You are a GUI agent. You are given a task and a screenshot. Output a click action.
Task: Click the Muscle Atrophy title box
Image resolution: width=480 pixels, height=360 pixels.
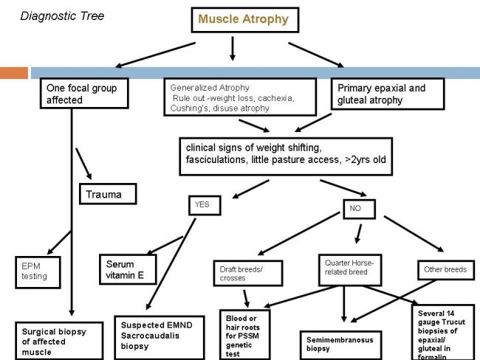pos(245,20)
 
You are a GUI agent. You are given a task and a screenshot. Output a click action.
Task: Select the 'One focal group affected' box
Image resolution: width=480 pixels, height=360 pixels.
pos(84,93)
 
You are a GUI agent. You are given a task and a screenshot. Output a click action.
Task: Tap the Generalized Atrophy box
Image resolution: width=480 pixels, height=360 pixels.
pos(240,97)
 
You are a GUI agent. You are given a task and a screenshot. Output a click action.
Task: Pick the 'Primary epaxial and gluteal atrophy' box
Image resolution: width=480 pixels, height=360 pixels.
pos(388,94)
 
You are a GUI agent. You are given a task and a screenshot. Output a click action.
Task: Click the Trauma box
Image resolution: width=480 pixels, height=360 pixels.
pos(108,194)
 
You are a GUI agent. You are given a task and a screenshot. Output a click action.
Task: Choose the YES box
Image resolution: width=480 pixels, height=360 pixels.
pos(205,205)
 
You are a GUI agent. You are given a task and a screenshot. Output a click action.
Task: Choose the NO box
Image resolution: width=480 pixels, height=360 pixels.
pos(360,210)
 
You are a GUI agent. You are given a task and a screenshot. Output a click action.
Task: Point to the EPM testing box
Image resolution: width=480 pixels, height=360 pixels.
pos(38,272)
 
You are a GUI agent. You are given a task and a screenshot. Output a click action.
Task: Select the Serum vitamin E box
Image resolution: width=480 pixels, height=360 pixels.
pos(128,269)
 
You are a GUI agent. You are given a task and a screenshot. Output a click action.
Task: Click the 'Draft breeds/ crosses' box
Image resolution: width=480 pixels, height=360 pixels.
pos(248,273)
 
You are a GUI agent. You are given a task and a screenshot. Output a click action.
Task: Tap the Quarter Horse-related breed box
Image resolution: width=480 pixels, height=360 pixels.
pos(350,270)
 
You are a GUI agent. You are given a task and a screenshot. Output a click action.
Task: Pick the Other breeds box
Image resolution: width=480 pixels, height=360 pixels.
pos(446,270)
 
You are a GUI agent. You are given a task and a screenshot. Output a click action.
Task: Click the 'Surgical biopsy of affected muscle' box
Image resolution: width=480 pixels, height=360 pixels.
pos(59,341)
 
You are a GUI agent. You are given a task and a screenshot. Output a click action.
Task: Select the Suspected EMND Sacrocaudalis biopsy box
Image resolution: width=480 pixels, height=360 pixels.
pos(160,337)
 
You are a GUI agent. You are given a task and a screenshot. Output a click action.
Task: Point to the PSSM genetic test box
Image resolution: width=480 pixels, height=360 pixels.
pos(245,335)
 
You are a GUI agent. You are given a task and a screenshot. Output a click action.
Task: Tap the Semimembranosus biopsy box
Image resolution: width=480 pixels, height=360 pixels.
pos(340,345)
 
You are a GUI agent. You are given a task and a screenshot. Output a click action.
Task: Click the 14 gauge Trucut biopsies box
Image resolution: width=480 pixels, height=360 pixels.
pos(443,332)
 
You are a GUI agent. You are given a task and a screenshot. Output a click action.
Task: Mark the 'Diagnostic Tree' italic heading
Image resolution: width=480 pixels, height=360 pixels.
pos(62,16)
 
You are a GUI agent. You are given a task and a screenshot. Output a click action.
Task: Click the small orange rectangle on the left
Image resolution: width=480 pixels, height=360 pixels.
pos(14,73)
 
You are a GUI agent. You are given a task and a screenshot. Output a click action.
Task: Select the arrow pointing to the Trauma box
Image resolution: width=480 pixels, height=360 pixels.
pos(83,164)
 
